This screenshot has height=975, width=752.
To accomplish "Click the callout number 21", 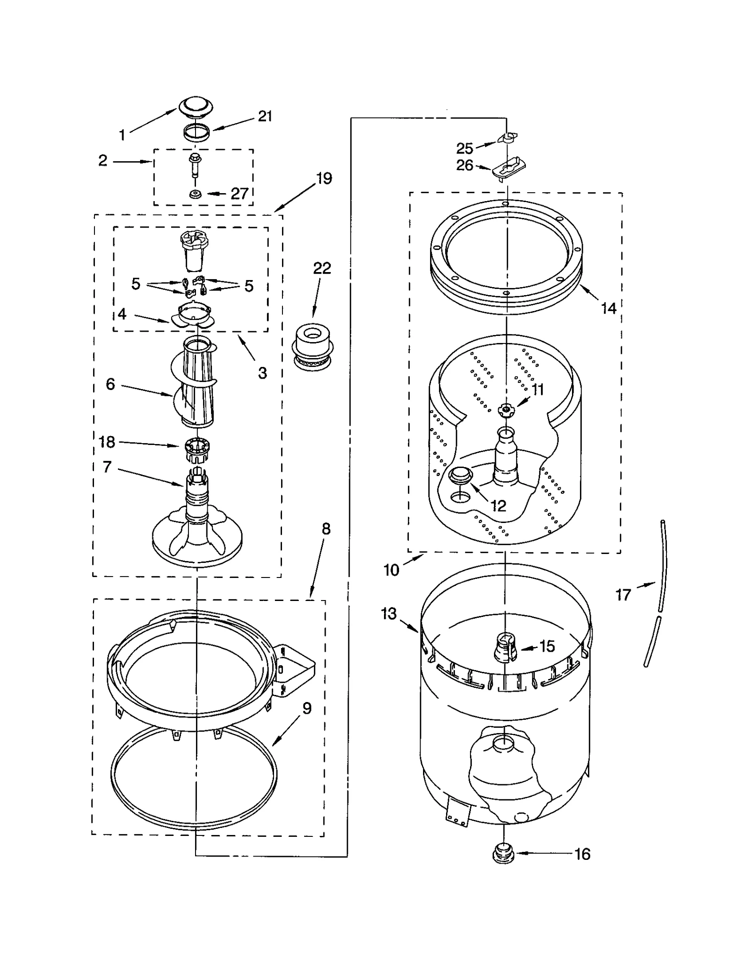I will (x=265, y=116).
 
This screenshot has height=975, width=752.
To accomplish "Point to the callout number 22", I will (x=322, y=268).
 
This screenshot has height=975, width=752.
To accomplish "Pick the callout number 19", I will (x=324, y=179).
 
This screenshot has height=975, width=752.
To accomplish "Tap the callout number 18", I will (x=107, y=442).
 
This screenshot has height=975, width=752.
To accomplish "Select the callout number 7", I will (x=107, y=467).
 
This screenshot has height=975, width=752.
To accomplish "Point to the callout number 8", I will (x=326, y=529).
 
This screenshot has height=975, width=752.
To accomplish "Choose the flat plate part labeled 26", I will (x=509, y=168).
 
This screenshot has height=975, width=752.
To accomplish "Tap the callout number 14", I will (x=609, y=308).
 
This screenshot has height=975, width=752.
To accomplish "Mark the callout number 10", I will (x=391, y=570).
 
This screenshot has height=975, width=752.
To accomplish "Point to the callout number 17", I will (x=623, y=595).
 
